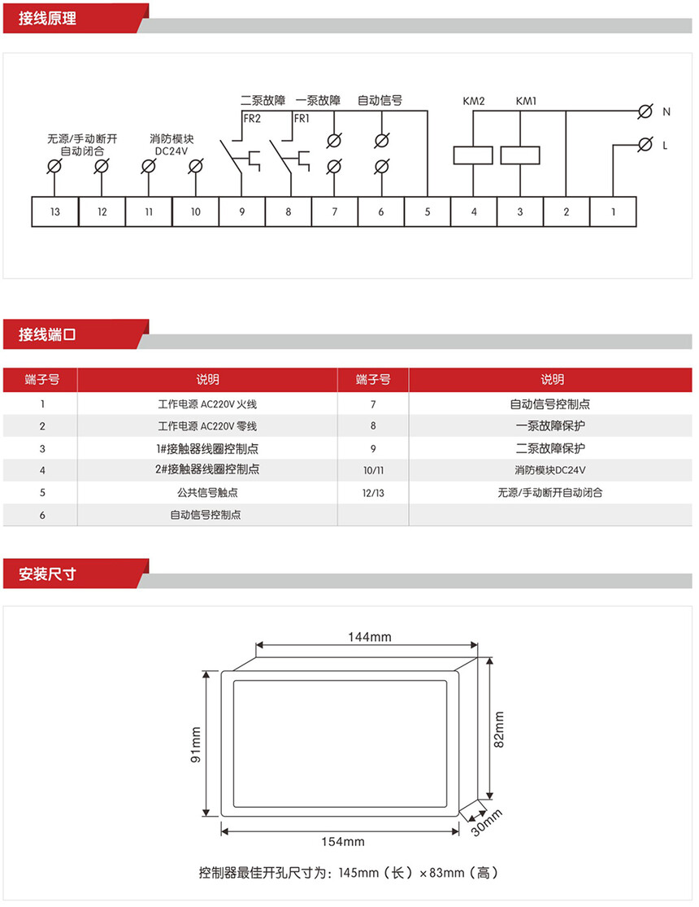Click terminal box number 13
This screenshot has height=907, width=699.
[54, 211]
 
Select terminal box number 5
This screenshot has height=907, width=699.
[428, 211]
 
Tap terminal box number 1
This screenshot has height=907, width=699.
[613, 211]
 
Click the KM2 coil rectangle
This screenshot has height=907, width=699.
[473, 155]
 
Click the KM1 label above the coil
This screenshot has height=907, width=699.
[526, 102]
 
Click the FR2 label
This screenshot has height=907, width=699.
[252, 119]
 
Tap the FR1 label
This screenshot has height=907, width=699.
[302, 119]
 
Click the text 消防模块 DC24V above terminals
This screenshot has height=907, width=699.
[171, 145]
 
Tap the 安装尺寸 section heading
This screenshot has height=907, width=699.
[47, 573]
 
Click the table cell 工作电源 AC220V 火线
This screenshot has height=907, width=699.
[206, 403]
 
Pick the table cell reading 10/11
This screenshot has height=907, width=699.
[372, 470]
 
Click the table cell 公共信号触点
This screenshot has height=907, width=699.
[206, 492]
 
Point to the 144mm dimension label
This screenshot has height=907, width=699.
[363, 636]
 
